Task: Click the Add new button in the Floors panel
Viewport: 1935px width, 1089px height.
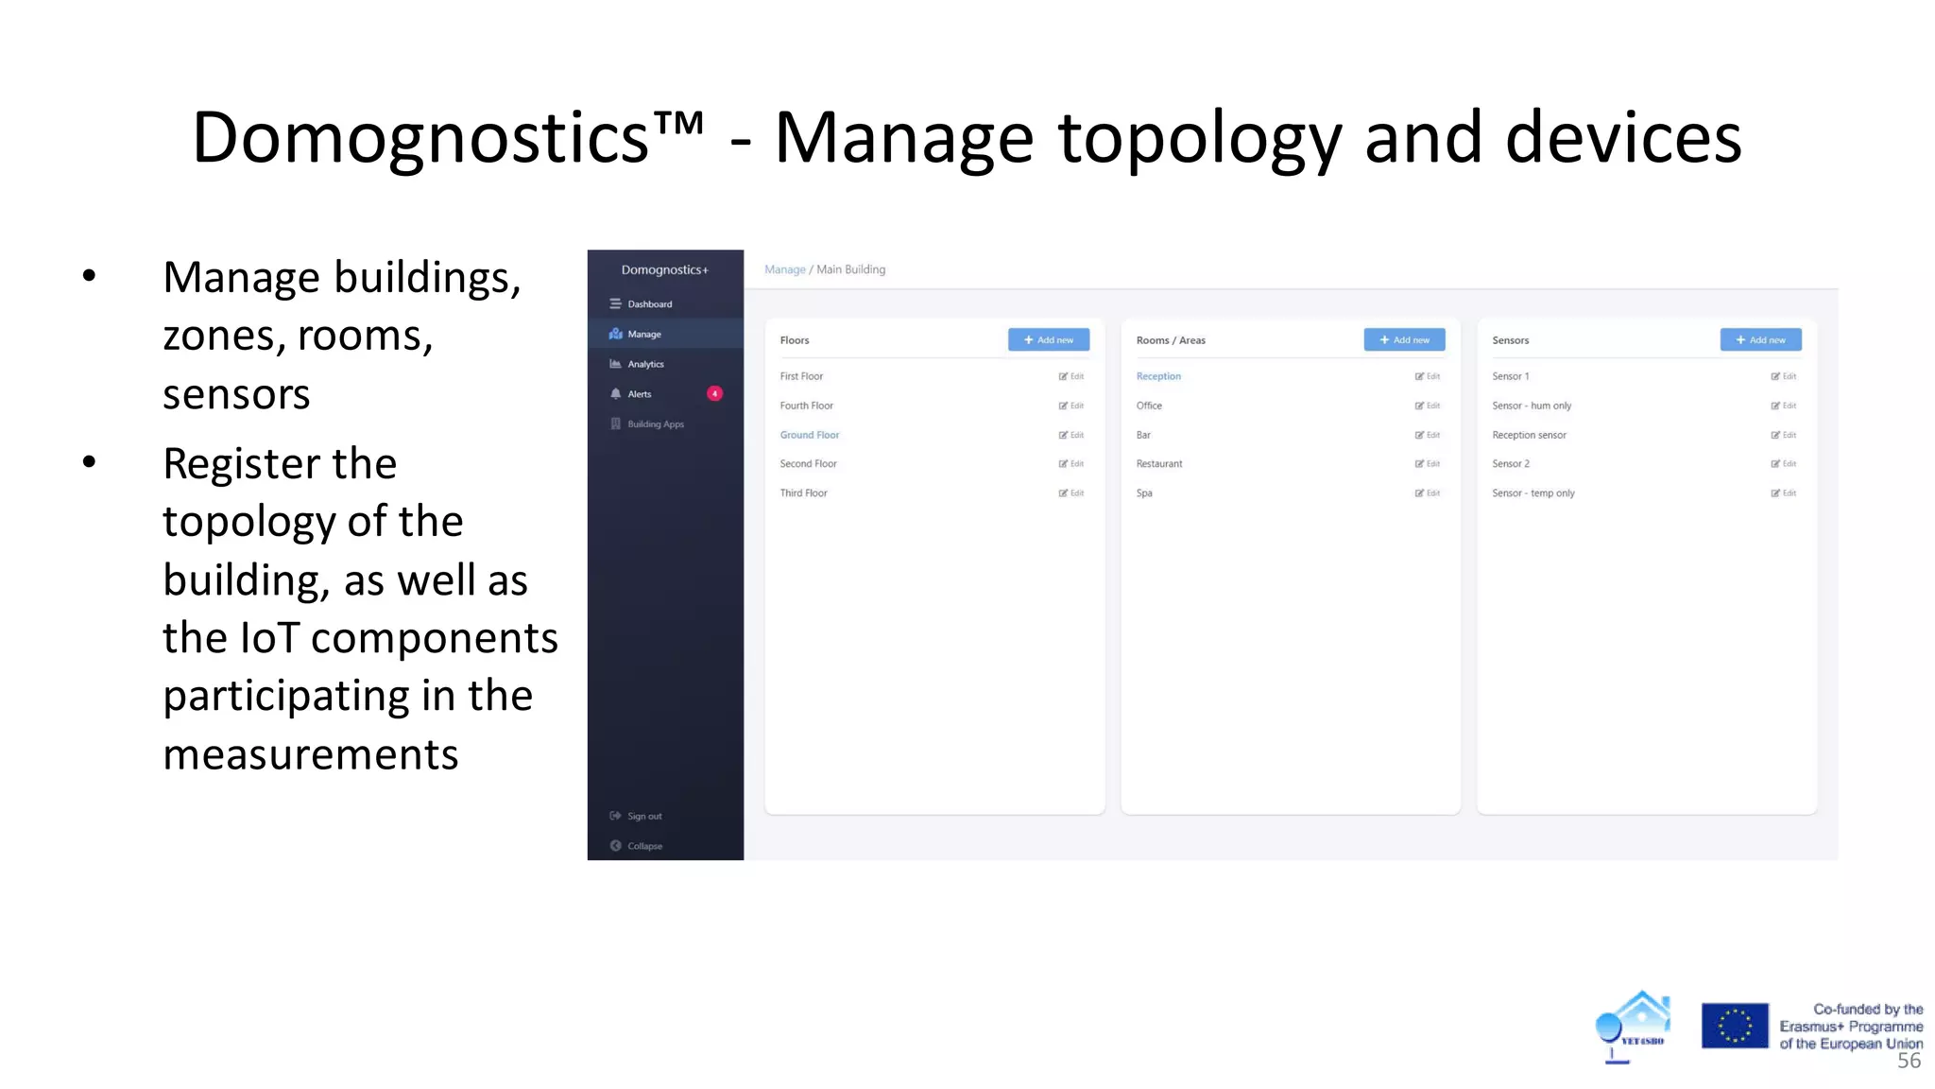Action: [1048, 340]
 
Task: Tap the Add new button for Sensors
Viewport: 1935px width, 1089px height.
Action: [1760, 340]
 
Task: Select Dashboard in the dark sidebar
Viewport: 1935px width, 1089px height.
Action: [649, 304]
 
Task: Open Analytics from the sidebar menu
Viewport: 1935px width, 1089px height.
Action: [645, 364]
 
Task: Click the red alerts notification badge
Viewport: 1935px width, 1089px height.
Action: [715, 394]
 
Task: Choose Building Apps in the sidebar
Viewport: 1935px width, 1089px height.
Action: [655, 424]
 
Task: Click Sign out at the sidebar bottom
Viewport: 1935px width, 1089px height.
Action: [644, 816]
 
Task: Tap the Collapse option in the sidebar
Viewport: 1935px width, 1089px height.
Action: [644, 846]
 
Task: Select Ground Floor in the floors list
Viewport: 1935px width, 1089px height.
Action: [810, 435]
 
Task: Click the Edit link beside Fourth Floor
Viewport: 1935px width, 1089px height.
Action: [1071, 406]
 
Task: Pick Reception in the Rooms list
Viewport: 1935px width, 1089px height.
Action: [1158, 376]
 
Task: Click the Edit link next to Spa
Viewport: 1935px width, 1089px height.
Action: [1428, 493]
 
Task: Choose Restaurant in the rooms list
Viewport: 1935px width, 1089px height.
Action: [1159, 464]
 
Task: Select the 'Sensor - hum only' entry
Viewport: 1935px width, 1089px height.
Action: [1532, 406]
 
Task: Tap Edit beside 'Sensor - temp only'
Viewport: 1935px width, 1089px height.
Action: [1784, 493]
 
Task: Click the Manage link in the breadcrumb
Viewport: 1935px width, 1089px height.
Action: [784, 269]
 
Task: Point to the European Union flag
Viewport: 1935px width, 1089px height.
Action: [1734, 1026]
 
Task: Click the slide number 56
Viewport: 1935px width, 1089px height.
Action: [1909, 1061]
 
